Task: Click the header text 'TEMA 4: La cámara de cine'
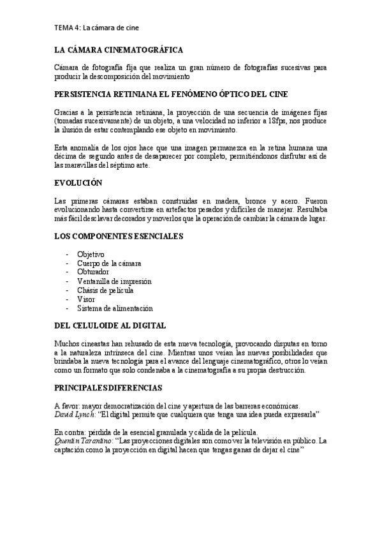click(x=96, y=27)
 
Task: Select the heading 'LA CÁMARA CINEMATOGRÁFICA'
click(x=119, y=50)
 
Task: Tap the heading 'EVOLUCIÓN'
click(x=78, y=183)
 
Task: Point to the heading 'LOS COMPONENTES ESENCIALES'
click(x=119, y=236)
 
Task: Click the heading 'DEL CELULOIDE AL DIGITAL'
click(x=110, y=325)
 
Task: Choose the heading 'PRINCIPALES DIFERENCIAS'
click(x=108, y=387)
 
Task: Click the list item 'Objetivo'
click(x=91, y=254)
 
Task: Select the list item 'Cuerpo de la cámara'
click(x=108, y=263)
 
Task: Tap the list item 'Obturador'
click(x=93, y=272)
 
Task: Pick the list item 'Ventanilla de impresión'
click(x=114, y=281)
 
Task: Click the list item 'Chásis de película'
click(x=105, y=290)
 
